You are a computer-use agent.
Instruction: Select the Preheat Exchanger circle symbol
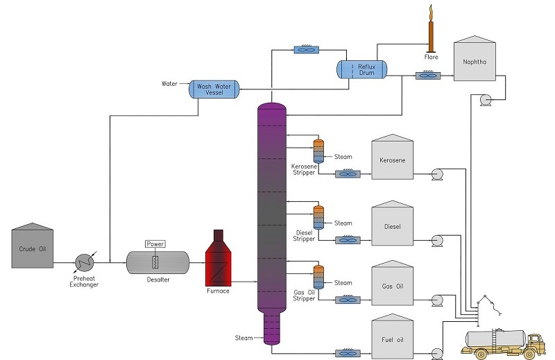coord(85,262)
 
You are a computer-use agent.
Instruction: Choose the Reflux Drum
coord(361,68)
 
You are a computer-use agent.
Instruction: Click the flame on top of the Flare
coord(430,12)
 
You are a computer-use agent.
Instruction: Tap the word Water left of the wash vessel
coord(170,84)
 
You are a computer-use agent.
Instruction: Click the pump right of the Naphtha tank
coord(485,101)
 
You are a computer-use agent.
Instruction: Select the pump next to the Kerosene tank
coord(438,174)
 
